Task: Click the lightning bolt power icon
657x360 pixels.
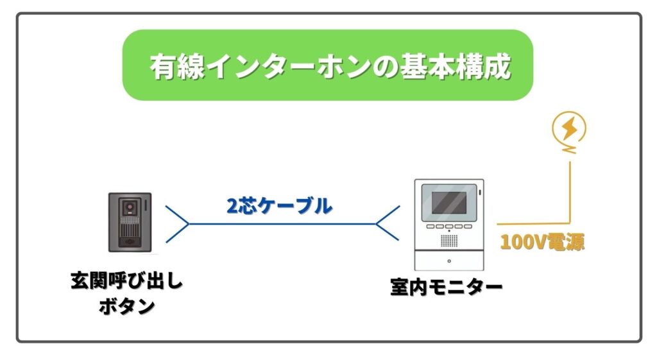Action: pos(568,130)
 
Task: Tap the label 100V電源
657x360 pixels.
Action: pos(542,242)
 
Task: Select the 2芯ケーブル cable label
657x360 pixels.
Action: pos(279,206)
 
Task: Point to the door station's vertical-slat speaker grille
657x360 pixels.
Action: pos(130,230)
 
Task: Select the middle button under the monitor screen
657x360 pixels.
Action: pos(448,227)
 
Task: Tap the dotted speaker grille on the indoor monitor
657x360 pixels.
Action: pos(448,239)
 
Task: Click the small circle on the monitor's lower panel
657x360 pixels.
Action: pos(448,261)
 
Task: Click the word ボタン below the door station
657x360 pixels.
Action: pos(126,306)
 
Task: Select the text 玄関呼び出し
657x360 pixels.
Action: pos(126,282)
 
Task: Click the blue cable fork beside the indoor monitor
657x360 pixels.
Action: pos(388,224)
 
